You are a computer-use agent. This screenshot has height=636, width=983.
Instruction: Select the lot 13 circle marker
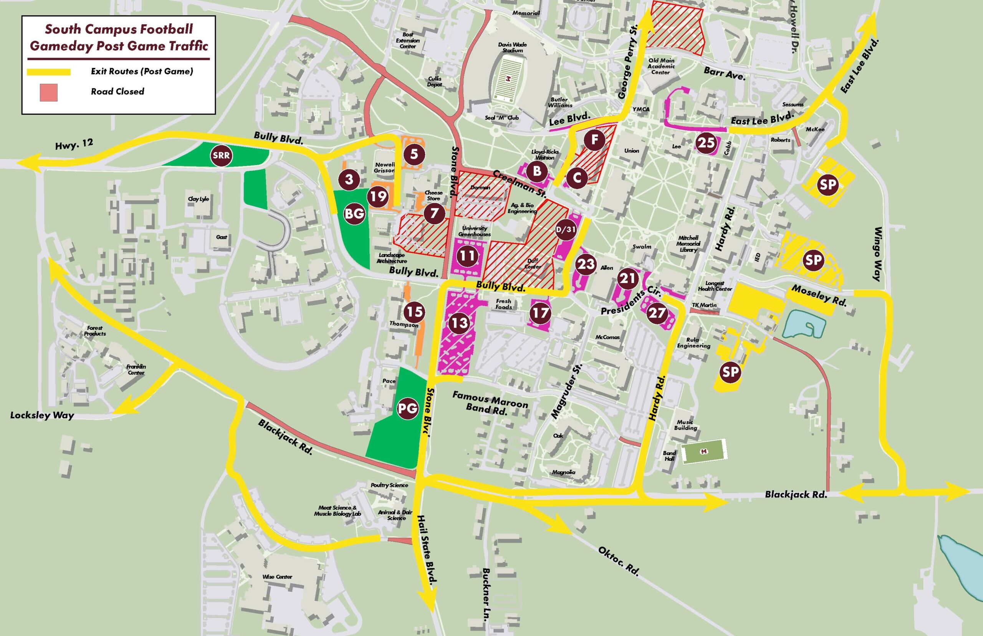pyautogui.click(x=460, y=323)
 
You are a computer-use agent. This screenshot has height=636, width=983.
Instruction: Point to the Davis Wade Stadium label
pyautogui.click(x=512, y=47)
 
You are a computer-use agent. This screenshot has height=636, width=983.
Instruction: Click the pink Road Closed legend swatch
pyautogui.click(x=48, y=93)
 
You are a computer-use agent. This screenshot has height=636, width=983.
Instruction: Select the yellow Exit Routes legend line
pyautogui.click(x=49, y=72)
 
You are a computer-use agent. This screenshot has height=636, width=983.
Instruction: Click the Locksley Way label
pyautogui.click(x=42, y=415)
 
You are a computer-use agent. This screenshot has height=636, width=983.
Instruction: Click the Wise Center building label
pyautogui.click(x=277, y=576)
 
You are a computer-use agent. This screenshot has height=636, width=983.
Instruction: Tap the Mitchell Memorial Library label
pyautogui.click(x=688, y=243)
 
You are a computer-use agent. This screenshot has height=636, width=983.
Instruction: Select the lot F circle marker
pyautogui.click(x=594, y=140)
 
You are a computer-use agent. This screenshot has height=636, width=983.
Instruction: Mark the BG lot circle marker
pyautogui.click(x=355, y=214)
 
